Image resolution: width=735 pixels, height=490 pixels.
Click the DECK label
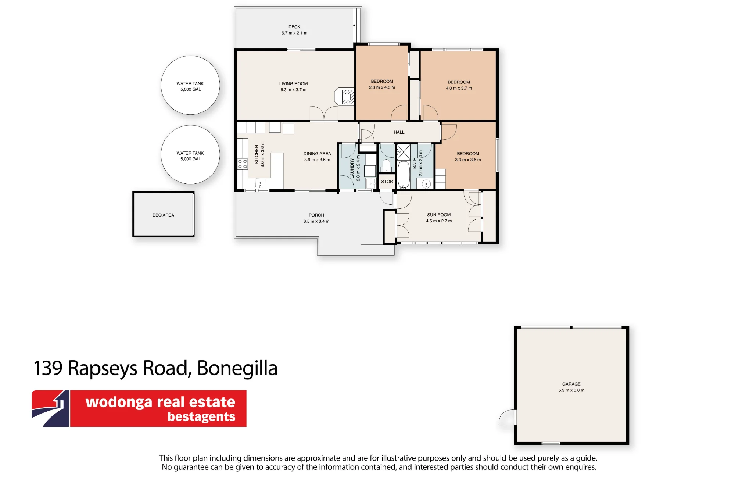294,27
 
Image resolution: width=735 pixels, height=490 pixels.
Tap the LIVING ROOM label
293,84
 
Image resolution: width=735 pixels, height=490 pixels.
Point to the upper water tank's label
190,86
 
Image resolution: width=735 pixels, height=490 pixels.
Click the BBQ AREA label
164,215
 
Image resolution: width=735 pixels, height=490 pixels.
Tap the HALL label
399,132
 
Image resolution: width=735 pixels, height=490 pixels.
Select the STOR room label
387,182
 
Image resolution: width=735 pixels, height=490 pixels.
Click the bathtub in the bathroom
404,174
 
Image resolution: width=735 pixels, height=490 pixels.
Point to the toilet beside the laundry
386,165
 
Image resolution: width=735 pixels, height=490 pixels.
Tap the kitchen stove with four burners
243,164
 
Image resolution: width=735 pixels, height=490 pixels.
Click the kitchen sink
260,183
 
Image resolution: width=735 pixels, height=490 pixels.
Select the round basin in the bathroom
426,184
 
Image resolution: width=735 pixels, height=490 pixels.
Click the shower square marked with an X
403,152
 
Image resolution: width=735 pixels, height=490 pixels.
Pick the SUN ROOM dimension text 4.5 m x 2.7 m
439,221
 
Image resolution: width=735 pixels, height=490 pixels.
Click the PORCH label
316,215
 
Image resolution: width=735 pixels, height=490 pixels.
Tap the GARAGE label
571,384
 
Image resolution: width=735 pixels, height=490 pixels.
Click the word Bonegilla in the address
237,368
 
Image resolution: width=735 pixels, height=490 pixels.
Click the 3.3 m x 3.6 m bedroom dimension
468,160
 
